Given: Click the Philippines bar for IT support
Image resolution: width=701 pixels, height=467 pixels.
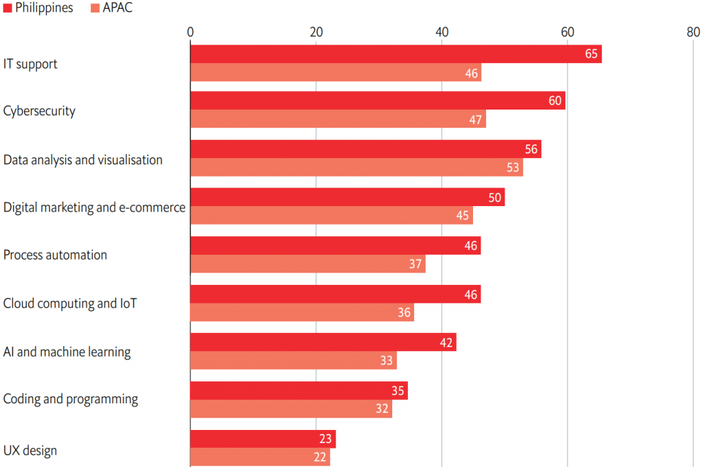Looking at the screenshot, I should pyautogui.click(x=396, y=54).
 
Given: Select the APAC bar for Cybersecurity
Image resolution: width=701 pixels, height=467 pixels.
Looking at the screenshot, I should pyautogui.click(x=337, y=118).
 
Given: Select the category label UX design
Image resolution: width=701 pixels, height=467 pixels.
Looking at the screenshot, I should pyautogui.click(x=30, y=451).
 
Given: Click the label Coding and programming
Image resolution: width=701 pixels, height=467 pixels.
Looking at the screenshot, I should pyautogui.click(x=71, y=399).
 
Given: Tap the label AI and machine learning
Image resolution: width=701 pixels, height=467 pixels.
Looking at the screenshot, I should pyautogui.click(x=67, y=352).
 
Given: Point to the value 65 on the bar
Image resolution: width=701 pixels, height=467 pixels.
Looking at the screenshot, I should pyautogui.click(x=591, y=54).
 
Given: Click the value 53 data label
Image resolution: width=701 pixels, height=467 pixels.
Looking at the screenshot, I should pyautogui.click(x=513, y=167).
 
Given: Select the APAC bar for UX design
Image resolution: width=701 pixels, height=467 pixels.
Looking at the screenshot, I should pyautogui.click(x=260, y=457).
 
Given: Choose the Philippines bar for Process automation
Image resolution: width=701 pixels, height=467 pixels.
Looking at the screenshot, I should pyautogui.click(x=335, y=245).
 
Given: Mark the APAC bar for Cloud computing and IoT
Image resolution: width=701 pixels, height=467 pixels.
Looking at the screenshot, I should pyautogui.click(x=302, y=312).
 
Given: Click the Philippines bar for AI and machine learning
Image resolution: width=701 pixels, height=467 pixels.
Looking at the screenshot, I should pyautogui.click(x=323, y=342).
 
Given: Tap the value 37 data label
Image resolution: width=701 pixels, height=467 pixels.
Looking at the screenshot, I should pyautogui.click(x=416, y=264).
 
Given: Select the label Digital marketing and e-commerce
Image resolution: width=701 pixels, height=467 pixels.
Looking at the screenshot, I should pyautogui.click(x=94, y=207).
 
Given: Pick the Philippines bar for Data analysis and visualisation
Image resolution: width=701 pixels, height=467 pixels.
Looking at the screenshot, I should pyautogui.click(x=366, y=149).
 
